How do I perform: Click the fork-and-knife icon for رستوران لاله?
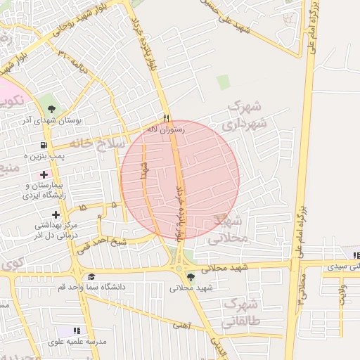167,118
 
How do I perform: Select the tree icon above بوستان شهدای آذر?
52,109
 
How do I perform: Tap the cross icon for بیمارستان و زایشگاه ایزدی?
44,174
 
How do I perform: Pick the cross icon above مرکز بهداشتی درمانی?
56,214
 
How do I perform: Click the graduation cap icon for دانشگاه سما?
91,276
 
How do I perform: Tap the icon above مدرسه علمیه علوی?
77,330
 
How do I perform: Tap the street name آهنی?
182,325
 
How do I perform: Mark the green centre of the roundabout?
179,268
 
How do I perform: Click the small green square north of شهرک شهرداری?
223,82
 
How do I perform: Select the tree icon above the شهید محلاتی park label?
191,276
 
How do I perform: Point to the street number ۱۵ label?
84,208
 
